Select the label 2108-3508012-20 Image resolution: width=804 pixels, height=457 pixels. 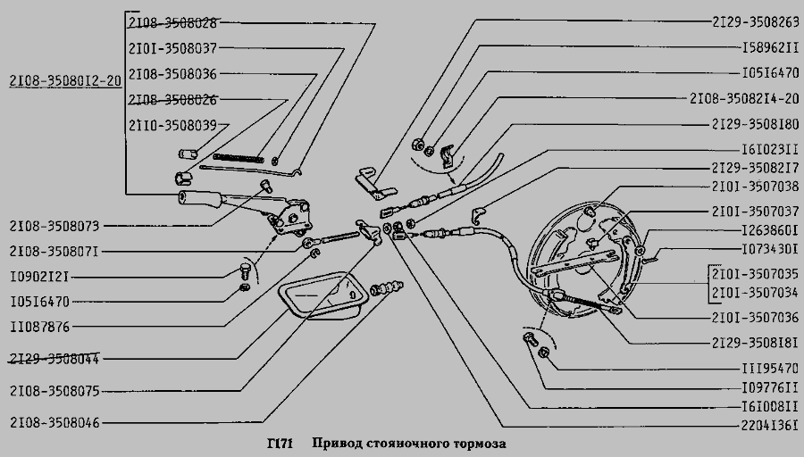[63, 79]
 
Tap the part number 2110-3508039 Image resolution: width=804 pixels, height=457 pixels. [172, 125]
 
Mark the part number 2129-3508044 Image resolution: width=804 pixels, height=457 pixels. [54, 359]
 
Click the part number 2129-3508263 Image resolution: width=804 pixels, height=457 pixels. [756, 21]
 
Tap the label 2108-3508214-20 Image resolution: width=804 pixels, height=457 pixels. [746, 97]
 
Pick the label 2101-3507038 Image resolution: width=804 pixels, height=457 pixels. [756, 187]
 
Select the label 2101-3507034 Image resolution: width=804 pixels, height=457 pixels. [756, 293]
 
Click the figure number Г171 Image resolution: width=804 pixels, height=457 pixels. [281, 444]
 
